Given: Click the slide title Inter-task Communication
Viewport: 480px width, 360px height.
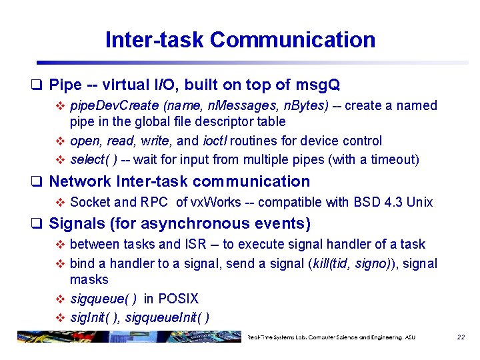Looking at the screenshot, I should coord(240,39).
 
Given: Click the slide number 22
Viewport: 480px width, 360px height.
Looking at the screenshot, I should coord(461,337).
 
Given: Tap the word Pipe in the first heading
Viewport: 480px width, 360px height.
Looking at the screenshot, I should coord(65,85).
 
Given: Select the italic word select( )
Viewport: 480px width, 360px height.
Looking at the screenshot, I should coord(93,160).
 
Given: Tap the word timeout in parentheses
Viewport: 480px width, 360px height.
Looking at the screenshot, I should coord(393,160).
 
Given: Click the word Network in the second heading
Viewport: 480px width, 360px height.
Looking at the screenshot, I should coord(79,181).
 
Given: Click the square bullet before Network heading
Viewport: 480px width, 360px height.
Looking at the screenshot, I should coord(39,182).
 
